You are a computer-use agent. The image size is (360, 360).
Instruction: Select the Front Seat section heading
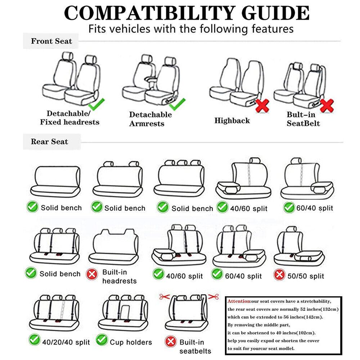click(51, 41)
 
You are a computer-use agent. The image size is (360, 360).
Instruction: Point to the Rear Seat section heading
click(49, 141)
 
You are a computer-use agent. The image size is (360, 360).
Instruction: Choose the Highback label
click(232, 121)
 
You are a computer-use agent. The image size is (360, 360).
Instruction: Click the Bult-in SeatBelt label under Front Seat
click(303, 119)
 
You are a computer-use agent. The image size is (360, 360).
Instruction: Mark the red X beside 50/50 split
click(279, 275)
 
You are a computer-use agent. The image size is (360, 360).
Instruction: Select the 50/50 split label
click(306, 276)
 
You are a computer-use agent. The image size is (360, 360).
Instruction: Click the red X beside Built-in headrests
click(92, 275)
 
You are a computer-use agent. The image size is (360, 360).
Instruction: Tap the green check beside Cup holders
click(102, 339)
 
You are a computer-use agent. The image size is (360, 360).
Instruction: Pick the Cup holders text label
click(131, 342)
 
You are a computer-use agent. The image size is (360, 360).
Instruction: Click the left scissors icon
click(165, 297)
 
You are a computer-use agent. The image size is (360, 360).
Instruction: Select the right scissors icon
click(213, 297)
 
